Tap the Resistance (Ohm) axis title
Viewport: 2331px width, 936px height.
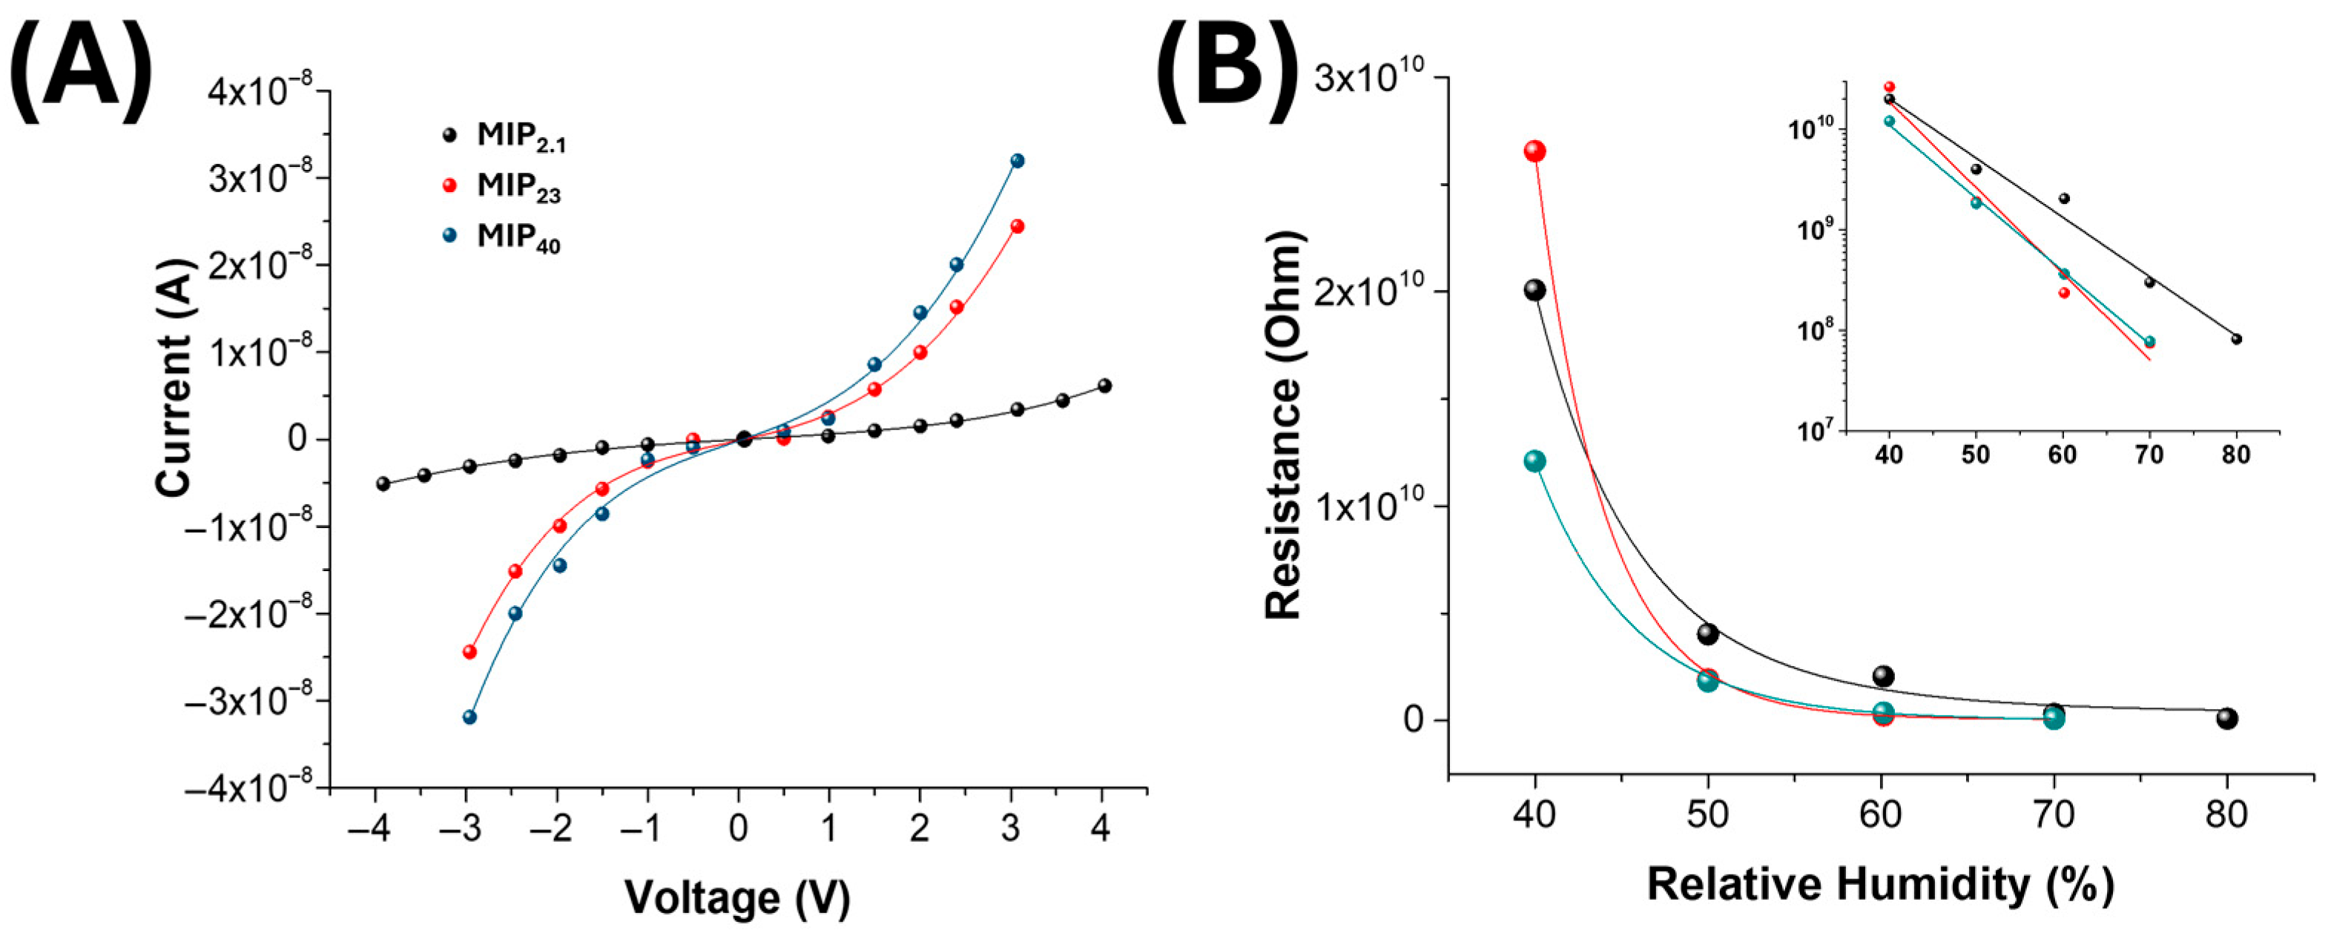pyautogui.click(x=1283, y=423)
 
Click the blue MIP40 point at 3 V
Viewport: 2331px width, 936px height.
pyautogui.click(x=1016, y=161)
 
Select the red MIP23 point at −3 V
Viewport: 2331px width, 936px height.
pyautogui.click(x=469, y=652)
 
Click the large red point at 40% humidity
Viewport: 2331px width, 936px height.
pyautogui.click(x=1534, y=151)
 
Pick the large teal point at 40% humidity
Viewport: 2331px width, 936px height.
pyautogui.click(x=1534, y=461)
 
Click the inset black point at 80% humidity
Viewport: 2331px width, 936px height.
pyautogui.click(x=2236, y=340)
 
